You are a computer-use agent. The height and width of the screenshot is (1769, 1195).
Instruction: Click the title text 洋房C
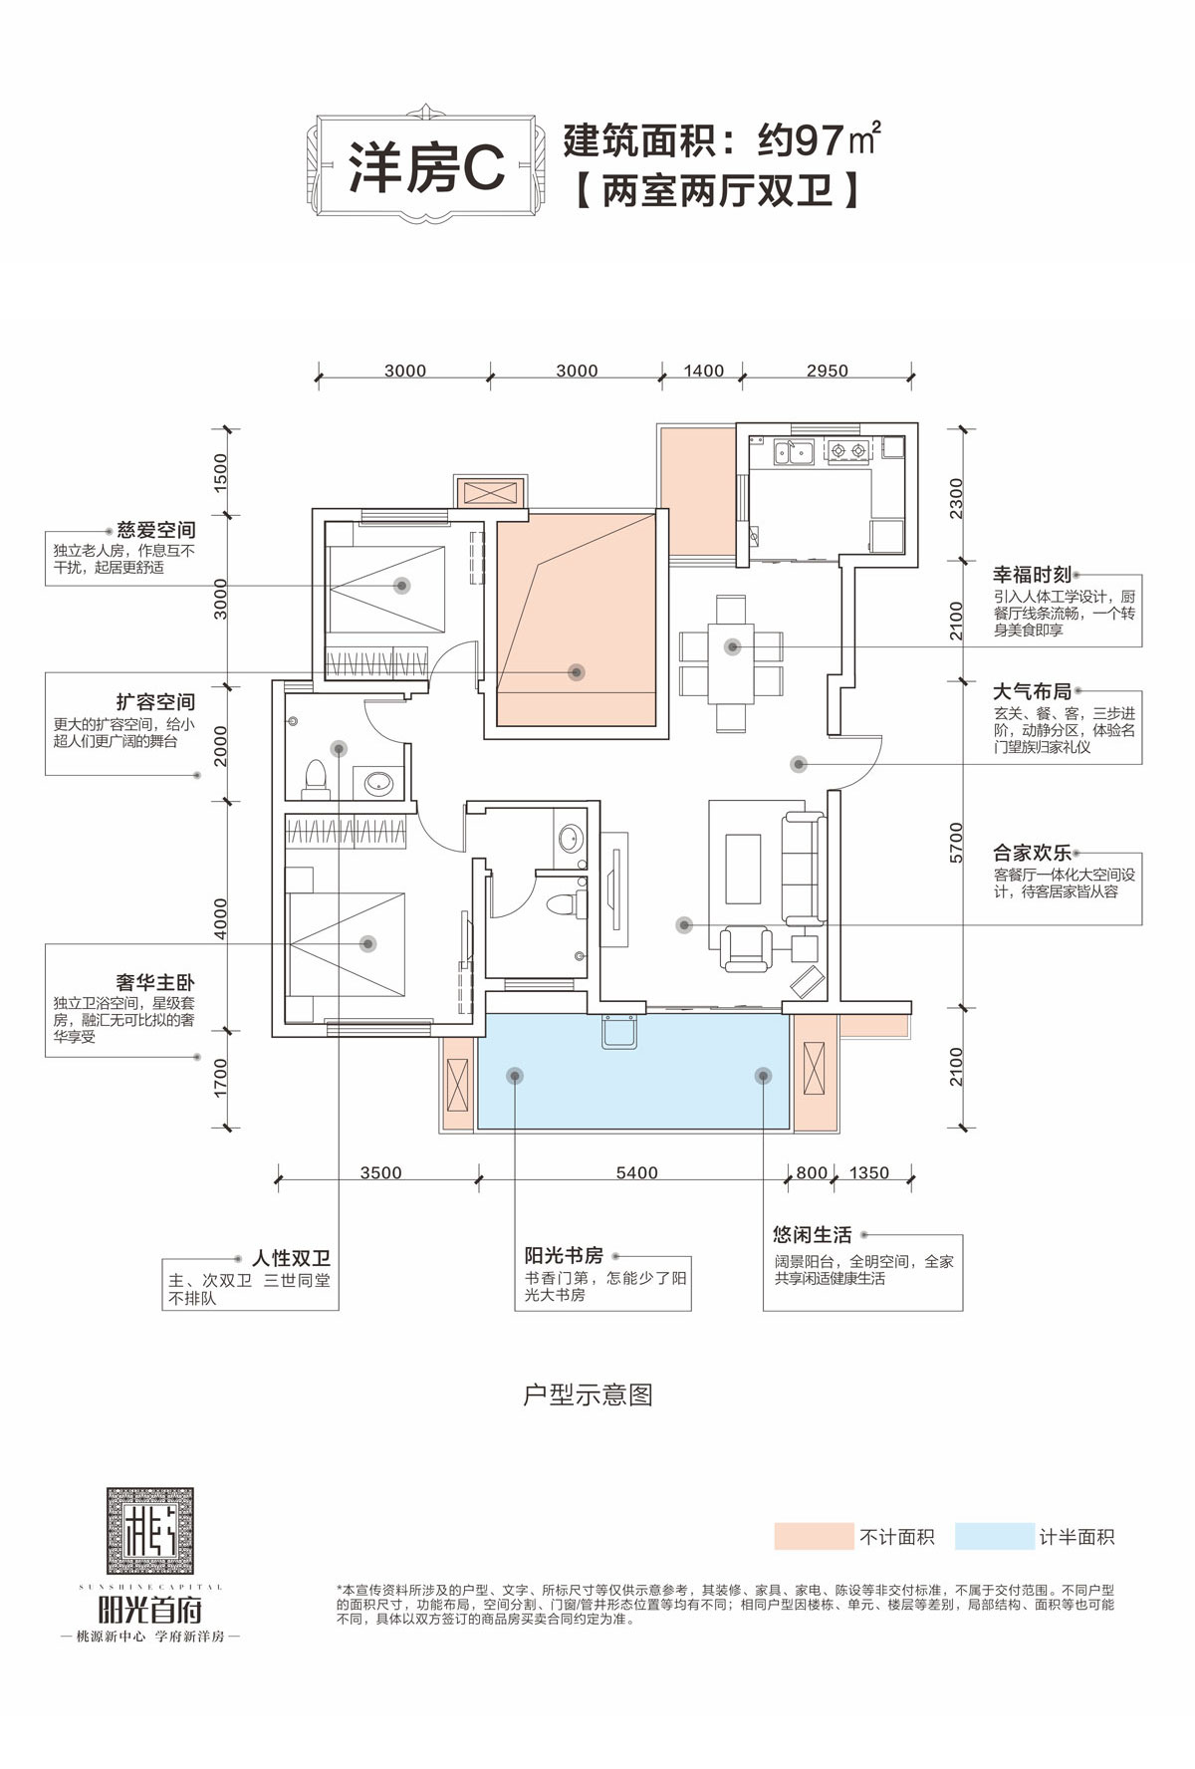(427, 167)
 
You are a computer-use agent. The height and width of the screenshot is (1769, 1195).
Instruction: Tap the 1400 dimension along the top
(703, 371)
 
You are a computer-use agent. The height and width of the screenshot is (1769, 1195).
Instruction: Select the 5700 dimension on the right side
(956, 842)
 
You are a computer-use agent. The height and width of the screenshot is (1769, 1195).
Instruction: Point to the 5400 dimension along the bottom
(636, 1172)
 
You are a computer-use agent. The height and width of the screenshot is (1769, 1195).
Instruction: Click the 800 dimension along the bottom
(812, 1172)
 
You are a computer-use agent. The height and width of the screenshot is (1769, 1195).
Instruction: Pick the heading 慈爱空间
(156, 530)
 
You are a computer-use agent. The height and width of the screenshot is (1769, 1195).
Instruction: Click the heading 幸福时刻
(1032, 575)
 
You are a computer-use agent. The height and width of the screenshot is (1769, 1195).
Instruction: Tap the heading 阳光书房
(564, 1255)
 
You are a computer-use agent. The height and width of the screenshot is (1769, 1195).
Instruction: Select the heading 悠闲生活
(813, 1234)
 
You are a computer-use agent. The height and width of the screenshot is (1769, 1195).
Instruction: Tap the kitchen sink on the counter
(795, 452)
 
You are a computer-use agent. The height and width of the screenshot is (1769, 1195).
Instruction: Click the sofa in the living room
(803, 868)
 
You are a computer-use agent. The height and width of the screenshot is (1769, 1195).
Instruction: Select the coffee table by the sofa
(743, 869)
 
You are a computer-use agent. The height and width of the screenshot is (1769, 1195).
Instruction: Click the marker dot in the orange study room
(576, 672)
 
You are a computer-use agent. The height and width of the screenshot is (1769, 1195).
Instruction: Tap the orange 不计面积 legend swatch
(814, 1536)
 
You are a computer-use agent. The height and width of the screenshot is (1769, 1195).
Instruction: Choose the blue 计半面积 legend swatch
(994, 1536)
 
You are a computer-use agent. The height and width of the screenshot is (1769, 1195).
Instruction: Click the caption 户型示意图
(588, 1394)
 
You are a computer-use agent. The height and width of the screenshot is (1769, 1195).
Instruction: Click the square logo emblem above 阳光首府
(150, 1531)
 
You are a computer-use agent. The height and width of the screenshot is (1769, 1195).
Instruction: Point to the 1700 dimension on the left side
(220, 1078)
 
